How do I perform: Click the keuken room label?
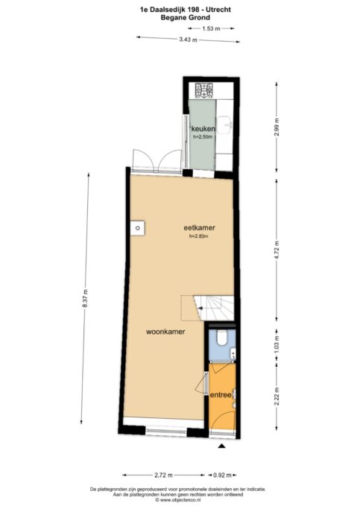pos(203,129)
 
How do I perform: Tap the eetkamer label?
pos(199,228)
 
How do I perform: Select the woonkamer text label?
pos(165,332)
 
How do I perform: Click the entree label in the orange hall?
pos(221,395)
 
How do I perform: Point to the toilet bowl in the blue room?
pos(223,338)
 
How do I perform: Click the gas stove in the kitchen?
pos(204,90)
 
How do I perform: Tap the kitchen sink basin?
pos(224,124)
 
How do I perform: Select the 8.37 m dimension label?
pos(85,298)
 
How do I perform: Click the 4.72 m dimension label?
pos(277,250)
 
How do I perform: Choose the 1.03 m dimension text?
pos(277,343)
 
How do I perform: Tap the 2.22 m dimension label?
pos(277,396)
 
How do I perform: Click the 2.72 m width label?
pos(164,475)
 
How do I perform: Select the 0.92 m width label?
pos(222,475)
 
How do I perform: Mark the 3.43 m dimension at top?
pos(189,39)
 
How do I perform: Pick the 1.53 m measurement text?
pos(212,28)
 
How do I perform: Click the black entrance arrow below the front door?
pos(221,446)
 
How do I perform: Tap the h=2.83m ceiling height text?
pos(199,236)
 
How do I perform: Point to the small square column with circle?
pos(138,228)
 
